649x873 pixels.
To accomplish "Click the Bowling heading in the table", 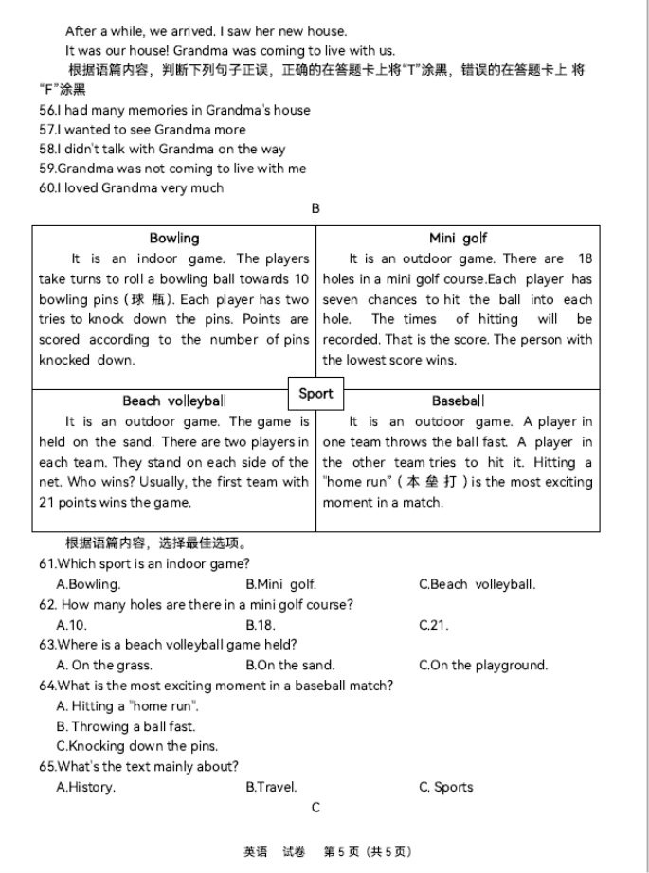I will [174, 239].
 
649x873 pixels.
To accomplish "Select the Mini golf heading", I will [458, 239].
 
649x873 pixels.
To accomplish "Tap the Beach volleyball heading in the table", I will [174, 401].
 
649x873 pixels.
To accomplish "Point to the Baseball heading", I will [458, 401].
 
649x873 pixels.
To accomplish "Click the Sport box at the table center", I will [315, 394].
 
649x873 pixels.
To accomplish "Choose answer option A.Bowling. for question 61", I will [88, 584].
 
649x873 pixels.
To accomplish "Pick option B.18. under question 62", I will [261, 625].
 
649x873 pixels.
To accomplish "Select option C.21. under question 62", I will [434, 625].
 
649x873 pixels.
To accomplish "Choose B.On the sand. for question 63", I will [290, 665].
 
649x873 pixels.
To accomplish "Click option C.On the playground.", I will [483, 665].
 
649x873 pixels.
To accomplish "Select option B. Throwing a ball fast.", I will [126, 726].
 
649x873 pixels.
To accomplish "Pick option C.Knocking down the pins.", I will [136, 746].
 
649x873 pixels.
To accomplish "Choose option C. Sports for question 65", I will [446, 787].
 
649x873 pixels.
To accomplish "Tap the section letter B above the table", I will [315, 208].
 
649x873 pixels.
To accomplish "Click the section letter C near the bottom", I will [315, 808].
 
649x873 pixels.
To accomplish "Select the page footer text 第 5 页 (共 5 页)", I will [368, 852].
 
